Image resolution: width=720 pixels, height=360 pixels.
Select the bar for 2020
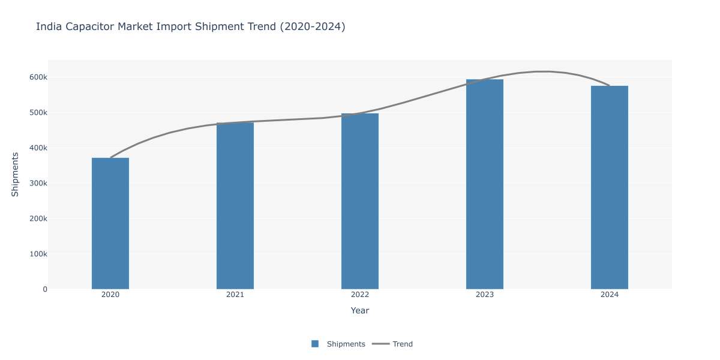110,223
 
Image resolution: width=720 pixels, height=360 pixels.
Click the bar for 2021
235,206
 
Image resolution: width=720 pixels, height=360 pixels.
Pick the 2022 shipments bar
359,201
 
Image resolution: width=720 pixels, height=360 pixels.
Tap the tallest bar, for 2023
485,184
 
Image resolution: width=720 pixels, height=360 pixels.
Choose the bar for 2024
610,187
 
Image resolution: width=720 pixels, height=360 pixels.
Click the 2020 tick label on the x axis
110,295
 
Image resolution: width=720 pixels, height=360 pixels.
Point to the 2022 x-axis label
359,295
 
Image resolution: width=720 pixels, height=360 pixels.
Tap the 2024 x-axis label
610,295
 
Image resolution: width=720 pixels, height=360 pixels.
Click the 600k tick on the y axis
38,77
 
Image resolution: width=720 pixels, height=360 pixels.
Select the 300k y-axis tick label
38,184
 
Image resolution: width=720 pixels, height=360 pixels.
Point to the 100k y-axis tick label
38,254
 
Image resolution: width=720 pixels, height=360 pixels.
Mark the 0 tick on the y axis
45,289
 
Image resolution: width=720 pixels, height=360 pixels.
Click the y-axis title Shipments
15,175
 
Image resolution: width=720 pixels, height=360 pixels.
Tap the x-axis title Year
359,311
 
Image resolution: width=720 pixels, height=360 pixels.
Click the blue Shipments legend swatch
315,344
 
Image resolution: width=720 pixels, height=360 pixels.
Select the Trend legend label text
403,344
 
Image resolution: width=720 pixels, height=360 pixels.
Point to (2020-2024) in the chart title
313,26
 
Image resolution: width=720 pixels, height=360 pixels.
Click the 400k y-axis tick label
38,148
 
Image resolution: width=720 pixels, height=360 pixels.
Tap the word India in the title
49,26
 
